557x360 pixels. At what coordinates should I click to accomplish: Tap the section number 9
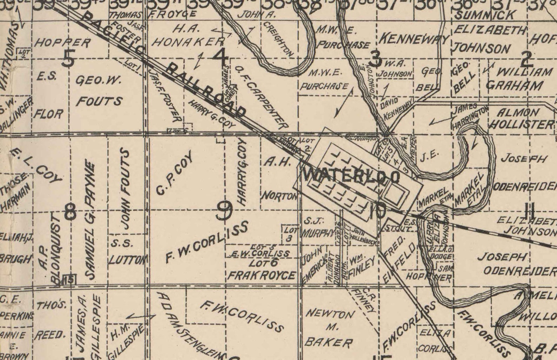point(224,211)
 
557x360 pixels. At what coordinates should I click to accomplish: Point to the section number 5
point(68,59)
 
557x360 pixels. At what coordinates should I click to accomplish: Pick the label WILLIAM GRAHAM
point(519,79)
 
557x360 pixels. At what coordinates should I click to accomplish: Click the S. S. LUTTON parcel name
point(126,252)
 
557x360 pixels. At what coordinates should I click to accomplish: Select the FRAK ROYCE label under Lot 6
point(262,275)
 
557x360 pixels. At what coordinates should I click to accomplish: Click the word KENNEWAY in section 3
point(414,39)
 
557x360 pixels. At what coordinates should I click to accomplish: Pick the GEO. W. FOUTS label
point(99,91)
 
